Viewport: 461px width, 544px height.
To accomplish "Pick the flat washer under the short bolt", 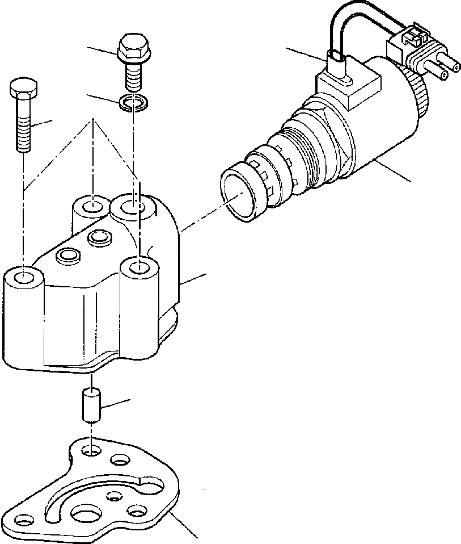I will (134, 103).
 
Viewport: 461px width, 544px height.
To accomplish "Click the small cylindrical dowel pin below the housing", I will (91, 404).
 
